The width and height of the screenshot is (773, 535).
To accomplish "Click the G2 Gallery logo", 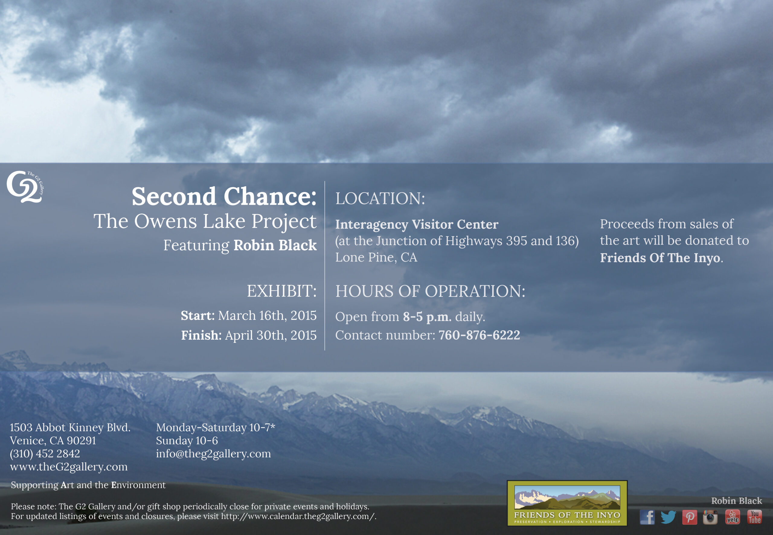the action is (25, 187).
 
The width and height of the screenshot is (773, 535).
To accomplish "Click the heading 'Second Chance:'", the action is (224, 197).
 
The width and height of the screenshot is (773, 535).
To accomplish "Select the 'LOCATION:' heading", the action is (380, 198).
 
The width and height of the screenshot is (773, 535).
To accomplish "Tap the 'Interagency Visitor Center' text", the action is (417, 224).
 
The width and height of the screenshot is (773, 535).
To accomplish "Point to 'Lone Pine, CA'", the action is (376, 257).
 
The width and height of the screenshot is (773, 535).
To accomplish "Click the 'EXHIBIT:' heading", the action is (282, 291).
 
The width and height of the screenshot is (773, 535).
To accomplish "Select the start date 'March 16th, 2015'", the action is (267, 316).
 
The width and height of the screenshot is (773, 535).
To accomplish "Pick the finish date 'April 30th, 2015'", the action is (271, 335).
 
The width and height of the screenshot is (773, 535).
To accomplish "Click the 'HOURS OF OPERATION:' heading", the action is (430, 291).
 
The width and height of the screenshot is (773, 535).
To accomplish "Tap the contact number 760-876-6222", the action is (479, 335).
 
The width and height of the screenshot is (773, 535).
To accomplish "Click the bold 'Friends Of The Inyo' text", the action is (660, 258).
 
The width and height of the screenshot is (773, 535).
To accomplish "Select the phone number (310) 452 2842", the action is (45, 453).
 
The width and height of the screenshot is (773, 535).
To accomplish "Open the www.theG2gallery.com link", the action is (69, 467).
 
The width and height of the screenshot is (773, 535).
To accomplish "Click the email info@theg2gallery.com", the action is (213, 453).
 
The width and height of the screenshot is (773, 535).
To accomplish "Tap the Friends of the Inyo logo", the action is (567, 503).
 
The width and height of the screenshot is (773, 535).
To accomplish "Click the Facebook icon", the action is (647, 517).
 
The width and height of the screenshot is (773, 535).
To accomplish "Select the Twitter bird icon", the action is (668, 517).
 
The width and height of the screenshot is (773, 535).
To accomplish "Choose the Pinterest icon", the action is (690, 517).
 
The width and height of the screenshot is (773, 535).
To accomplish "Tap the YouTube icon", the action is (754, 517).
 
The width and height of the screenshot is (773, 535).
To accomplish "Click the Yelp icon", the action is (733, 517).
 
